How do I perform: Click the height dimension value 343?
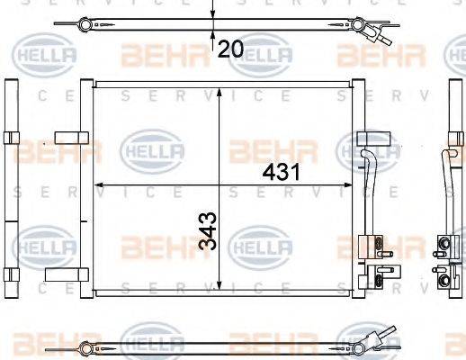pyautogui.click(x=206, y=231)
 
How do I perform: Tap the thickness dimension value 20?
pyautogui.click(x=230, y=49)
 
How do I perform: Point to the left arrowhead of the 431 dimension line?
pyautogui.click(x=97, y=184)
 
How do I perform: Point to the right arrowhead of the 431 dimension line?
pyautogui.click(x=351, y=184)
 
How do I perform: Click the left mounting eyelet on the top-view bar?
pyautogui.click(x=85, y=23)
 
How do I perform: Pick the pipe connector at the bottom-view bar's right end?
pyautogui.click(x=383, y=341)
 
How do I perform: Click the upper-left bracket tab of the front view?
pyautogui.click(x=68, y=138)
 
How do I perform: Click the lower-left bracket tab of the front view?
pyautogui.click(x=68, y=274)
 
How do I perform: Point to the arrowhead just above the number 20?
pyautogui.click(x=212, y=35)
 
